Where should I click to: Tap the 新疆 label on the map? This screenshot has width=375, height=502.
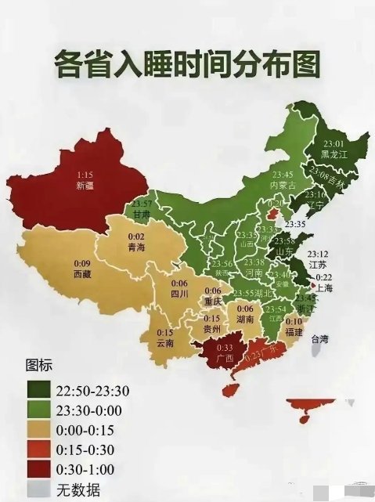point(84,186)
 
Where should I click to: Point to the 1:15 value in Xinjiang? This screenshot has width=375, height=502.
point(84,175)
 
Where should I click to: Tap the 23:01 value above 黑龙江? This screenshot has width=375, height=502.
point(334,143)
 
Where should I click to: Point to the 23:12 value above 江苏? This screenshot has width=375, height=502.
point(318,255)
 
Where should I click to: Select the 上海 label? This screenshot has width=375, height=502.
point(325,287)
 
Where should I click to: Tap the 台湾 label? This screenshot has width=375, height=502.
point(321,339)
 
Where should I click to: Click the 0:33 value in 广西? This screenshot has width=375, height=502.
point(225,348)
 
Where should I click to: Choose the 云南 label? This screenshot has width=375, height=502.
point(165,343)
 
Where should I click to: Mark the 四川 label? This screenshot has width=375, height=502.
point(179,294)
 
